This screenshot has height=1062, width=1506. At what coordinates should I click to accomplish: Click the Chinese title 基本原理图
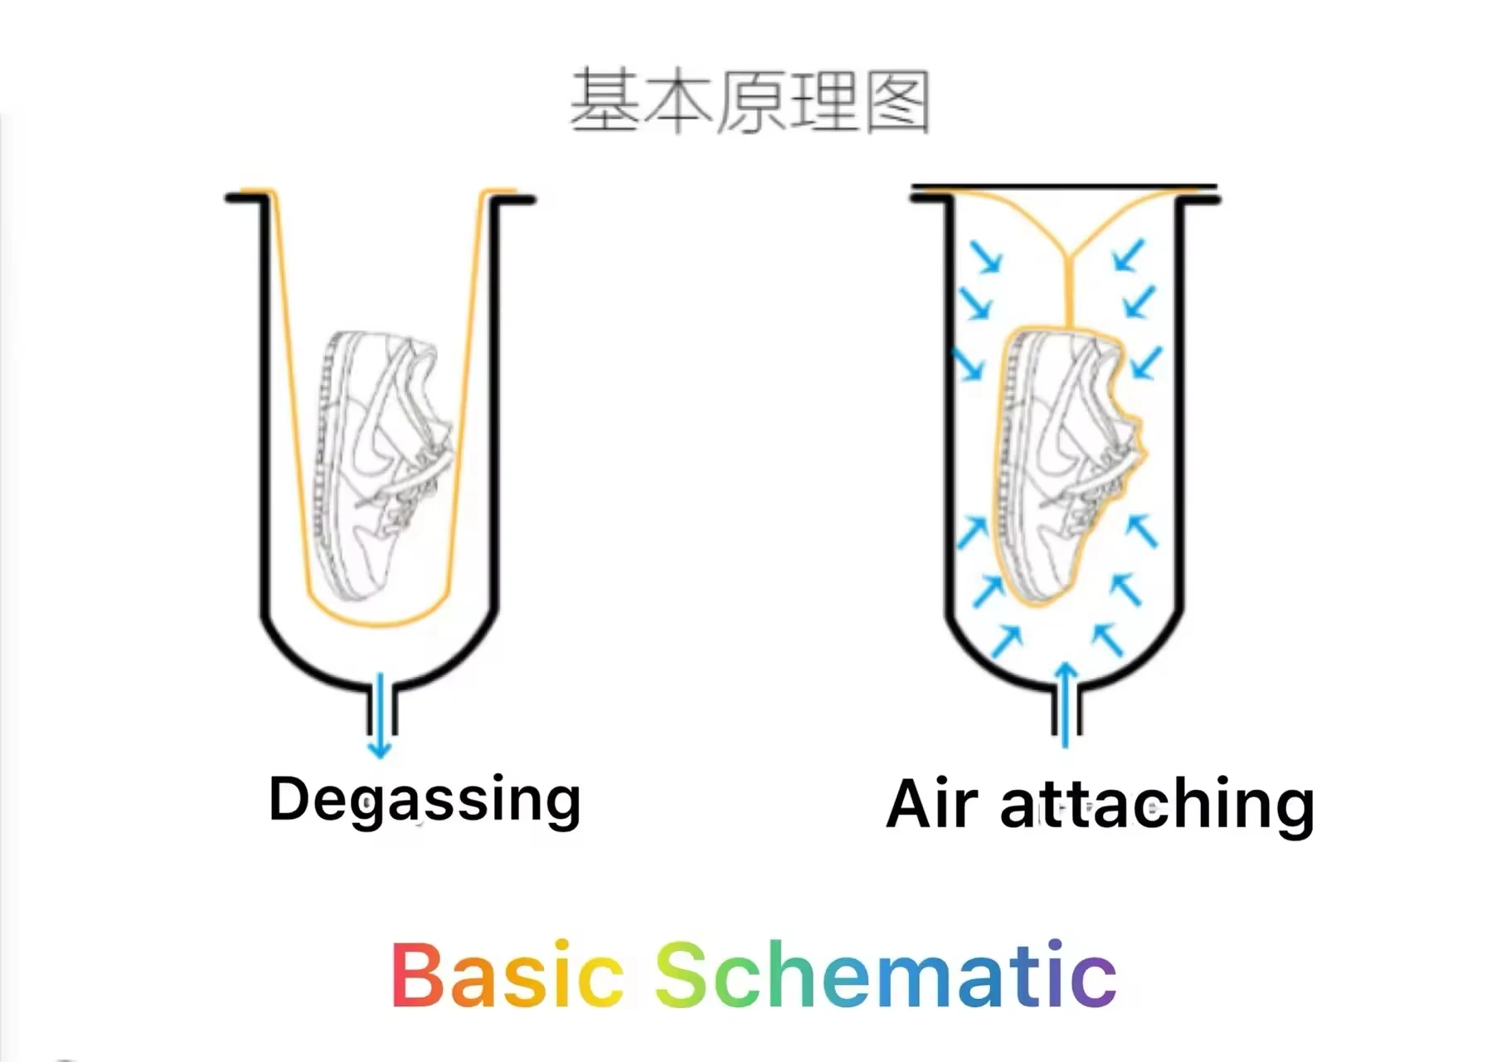[x=751, y=102]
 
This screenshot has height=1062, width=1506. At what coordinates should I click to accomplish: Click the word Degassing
[x=425, y=800]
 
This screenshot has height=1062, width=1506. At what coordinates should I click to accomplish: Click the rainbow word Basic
[x=507, y=974]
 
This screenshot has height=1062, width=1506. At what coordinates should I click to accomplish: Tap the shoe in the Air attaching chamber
[x=1068, y=465]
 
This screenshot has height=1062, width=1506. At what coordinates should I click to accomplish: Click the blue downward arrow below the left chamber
[x=379, y=715]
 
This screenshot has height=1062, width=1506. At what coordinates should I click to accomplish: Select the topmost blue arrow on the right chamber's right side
[x=1129, y=255]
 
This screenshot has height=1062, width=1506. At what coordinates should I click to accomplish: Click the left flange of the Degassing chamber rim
[x=247, y=198]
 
